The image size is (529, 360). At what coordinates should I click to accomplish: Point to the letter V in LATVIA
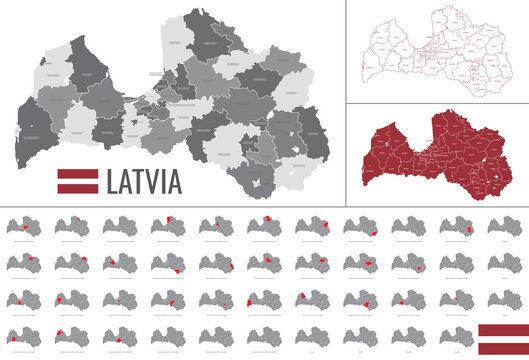[x=149, y=183]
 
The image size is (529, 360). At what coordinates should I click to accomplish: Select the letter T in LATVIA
[x=135, y=183]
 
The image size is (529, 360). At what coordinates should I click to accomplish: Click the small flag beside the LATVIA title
[x=76, y=182]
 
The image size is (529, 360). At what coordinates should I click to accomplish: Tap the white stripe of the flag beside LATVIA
[x=76, y=182]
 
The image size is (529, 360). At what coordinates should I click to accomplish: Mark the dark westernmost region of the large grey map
[x=37, y=125]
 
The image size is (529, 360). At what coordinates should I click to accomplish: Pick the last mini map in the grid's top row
[x=506, y=227]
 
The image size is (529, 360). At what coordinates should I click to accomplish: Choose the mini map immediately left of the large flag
[x=458, y=335]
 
